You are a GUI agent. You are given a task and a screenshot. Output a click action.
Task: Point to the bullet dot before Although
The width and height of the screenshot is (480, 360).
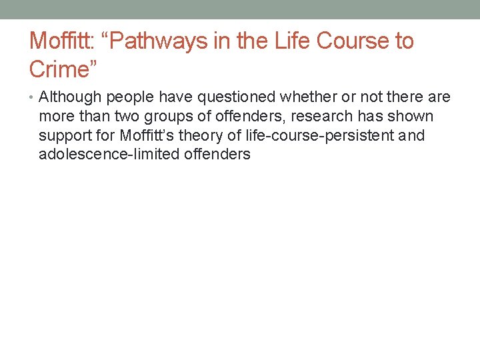[33, 98]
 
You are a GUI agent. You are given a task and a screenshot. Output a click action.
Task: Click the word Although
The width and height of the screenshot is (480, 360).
[69, 97]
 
